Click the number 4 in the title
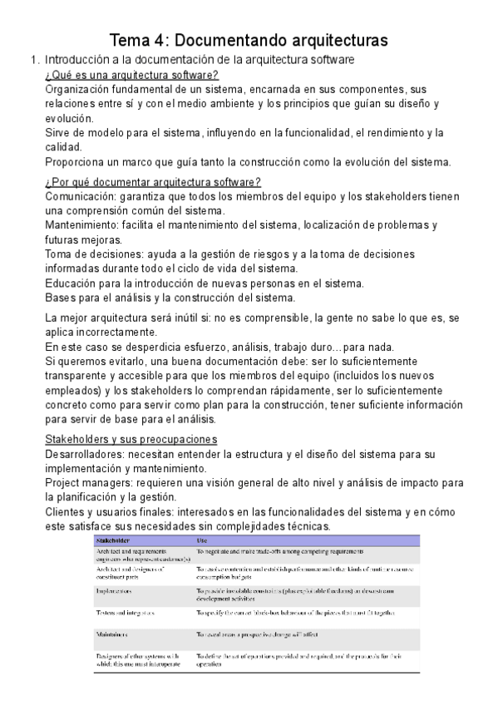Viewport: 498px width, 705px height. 160,39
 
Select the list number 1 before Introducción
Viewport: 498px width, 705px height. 33,60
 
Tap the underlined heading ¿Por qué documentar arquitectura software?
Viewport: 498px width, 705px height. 153,182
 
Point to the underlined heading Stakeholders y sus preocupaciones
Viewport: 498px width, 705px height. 131,439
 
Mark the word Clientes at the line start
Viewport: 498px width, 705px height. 66,512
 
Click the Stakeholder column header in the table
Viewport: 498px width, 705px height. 116,541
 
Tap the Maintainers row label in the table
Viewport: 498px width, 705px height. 117,634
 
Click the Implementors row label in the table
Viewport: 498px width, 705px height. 118,591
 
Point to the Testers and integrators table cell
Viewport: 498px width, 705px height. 127,613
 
